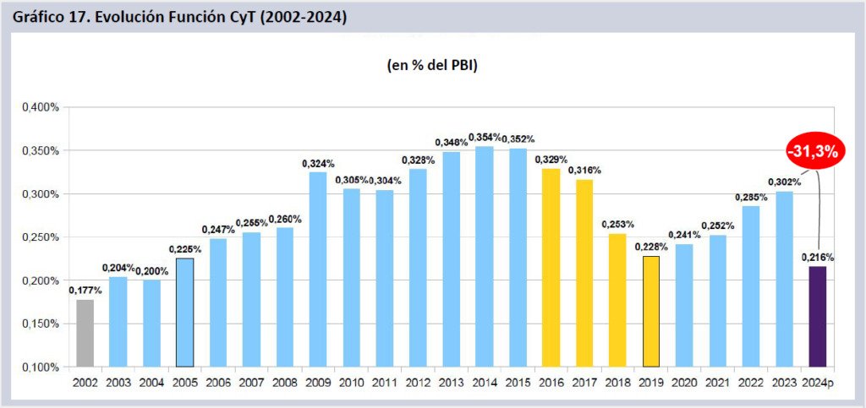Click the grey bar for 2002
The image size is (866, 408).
[x=85, y=333]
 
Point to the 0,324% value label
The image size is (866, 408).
[x=318, y=163]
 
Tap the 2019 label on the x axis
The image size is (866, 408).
[x=650, y=383]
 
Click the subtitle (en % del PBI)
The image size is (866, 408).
[x=427, y=65]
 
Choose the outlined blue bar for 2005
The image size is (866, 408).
[x=184, y=313]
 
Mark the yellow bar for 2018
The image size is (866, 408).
[x=617, y=300]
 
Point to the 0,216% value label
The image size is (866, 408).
[x=817, y=257]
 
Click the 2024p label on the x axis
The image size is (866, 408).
[x=819, y=383]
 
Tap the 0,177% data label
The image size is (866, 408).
[x=85, y=290]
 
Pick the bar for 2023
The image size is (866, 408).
[x=783, y=279]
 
